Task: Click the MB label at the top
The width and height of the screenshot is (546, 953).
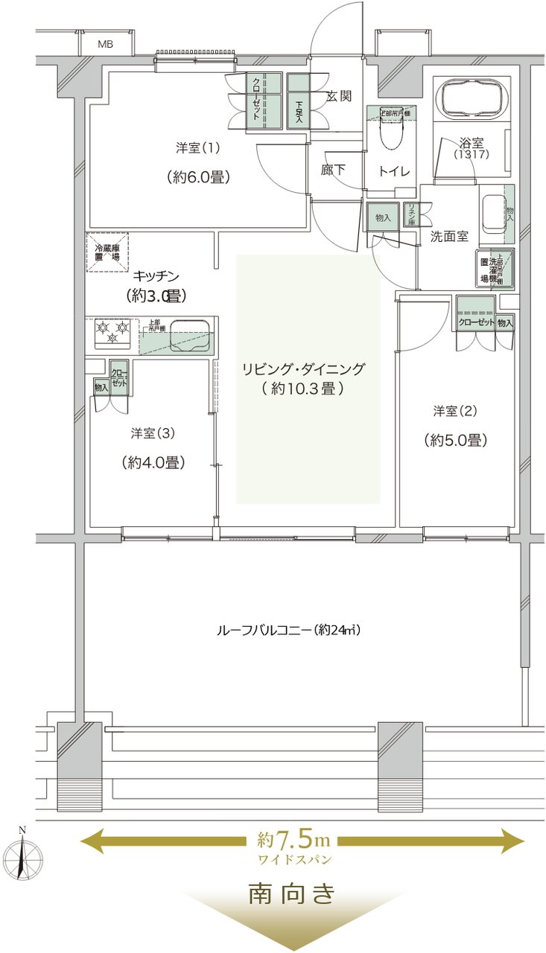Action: pyautogui.click(x=105, y=44)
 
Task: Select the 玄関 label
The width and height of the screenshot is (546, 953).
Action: pyautogui.click(x=339, y=96)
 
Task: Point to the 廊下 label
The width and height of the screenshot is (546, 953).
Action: pyautogui.click(x=333, y=170)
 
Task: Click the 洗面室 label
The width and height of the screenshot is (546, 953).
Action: pyautogui.click(x=449, y=236)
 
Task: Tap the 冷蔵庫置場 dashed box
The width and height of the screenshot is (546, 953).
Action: pyautogui.click(x=107, y=253)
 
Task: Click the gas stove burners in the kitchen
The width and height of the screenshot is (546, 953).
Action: pyautogui.click(x=112, y=331)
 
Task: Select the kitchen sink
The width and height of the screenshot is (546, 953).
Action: pyautogui.click(x=191, y=335)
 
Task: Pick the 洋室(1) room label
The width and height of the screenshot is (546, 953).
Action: pyautogui.click(x=198, y=147)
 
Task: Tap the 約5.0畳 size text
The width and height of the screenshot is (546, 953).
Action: pyautogui.click(x=456, y=440)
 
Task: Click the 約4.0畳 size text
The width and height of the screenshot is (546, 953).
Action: pyautogui.click(x=153, y=462)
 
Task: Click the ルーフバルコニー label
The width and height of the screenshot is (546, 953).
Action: pyautogui.click(x=288, y=630)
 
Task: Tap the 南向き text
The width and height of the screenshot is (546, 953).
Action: pyautogui.click(x=292, y=894)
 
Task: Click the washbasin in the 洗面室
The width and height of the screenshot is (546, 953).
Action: pyautogui.click(x=492, y=212)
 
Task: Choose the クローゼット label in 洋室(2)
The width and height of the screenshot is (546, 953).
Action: pyautogui.click(x=474, y=322)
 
